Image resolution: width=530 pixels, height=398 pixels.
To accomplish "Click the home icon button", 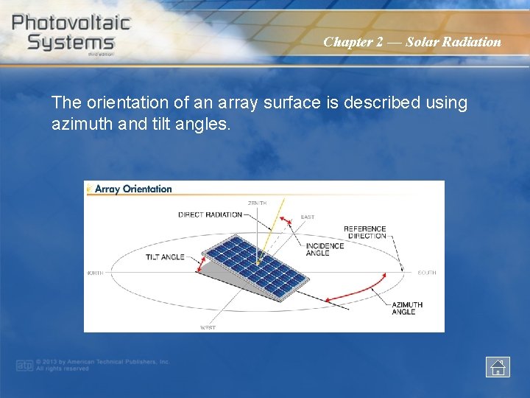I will point(498,366).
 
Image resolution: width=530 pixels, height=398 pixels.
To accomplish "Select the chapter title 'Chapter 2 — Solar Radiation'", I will point(411,42).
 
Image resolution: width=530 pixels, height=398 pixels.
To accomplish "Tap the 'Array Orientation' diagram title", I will point(132,189).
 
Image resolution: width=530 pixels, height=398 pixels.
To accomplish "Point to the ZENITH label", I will point(257,203).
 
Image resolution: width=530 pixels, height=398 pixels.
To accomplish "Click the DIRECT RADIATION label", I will point(210,215).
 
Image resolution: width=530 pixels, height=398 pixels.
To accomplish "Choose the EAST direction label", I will point(307,217).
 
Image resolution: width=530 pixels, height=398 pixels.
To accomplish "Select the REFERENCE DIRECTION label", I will point(364,232).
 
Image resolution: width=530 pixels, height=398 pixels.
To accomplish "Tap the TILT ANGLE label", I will point(165,257).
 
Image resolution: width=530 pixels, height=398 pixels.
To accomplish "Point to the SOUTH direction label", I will point(426,273).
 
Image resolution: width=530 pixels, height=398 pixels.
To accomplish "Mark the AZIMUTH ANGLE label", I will point(407,308).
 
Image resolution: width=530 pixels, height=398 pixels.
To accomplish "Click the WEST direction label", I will point(208,327).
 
